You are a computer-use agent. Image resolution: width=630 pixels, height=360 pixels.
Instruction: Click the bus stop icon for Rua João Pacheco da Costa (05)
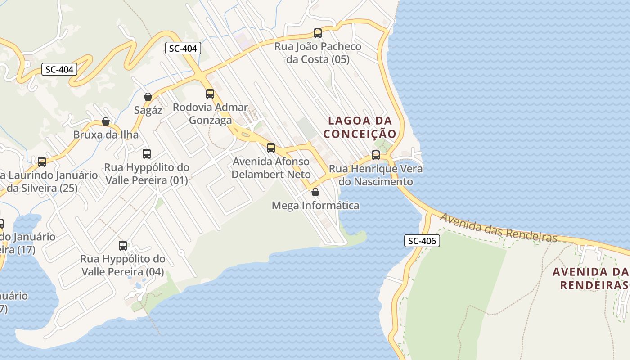point(318,33)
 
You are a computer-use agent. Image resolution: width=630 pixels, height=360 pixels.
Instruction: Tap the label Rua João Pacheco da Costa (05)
point(318,53)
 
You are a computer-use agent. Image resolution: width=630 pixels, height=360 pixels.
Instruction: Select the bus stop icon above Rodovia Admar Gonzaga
point(210,94)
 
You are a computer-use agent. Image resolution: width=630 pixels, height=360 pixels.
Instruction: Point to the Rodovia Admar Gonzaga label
point(210,114)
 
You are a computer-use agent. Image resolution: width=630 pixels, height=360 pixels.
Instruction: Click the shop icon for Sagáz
point(148,97)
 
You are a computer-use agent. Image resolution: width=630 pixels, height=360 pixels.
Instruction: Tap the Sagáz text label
point(148,110)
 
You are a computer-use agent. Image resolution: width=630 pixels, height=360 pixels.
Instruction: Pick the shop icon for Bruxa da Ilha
point(106,121)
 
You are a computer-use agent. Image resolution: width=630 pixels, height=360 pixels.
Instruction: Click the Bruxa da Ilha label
point(106,135)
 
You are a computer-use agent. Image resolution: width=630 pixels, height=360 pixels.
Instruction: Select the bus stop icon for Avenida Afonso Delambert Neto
point(271,148)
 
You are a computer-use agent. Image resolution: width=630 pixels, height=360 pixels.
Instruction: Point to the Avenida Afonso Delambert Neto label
point(271,168)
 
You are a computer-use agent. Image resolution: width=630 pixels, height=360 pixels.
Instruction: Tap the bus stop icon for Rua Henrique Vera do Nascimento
point(376,155)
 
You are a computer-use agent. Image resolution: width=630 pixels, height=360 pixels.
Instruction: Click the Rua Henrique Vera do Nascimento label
point(376,175)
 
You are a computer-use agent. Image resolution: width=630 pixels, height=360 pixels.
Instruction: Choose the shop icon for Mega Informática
point(316,192)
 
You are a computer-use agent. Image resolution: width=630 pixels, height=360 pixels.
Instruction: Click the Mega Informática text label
point(316,206)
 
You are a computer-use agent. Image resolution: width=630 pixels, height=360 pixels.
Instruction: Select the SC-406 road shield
point(422,241)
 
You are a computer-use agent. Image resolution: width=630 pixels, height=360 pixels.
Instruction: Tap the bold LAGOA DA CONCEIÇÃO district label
point(360,127)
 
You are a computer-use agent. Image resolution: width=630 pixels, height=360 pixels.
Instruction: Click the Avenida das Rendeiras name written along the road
point(499,228)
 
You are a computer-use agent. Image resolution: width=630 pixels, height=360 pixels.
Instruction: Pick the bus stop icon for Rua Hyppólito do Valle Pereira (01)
point(147,154)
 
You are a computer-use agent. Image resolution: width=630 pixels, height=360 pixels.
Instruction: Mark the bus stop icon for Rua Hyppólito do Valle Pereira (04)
point(123,246)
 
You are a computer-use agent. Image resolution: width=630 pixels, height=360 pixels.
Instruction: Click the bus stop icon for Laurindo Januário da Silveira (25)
point(42,162)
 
